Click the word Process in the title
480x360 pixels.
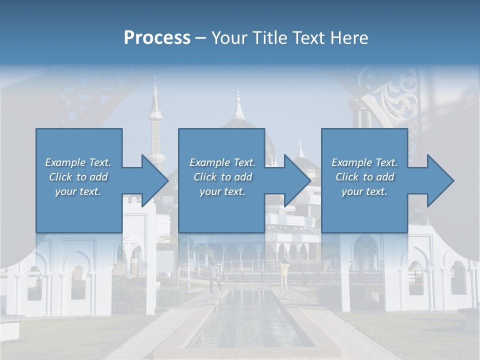[157, 38]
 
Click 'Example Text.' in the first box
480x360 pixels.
[78, 162]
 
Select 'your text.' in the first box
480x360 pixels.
[78, 191]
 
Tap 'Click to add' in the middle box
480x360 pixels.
[222, 177]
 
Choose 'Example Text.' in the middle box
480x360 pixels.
[222, 162]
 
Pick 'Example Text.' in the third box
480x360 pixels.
[364, 162]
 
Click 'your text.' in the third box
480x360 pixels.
[364, 191]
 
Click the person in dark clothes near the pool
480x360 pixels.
[214, 276]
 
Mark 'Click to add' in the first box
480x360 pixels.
[78, 177]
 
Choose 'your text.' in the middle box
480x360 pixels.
[222, 191]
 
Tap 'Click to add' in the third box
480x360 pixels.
[364, 177]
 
